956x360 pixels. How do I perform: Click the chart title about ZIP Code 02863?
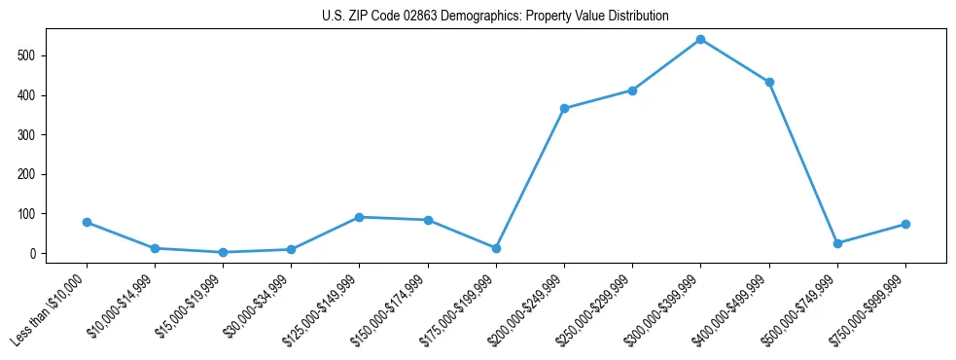pyautogui.click(x=495, y=17)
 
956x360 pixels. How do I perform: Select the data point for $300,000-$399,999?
pyautogui.click(x=700, y=40)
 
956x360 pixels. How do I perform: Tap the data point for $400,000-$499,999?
pyautogui.click(x=769, y=83)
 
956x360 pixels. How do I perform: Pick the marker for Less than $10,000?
pyautogui.click(x=87, y=223)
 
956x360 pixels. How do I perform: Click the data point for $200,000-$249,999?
pyautogui.click(x=564, y=109)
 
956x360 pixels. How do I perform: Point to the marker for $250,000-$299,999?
pyautogui.click(x=632, y=90)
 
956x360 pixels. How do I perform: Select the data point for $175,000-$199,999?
pyautogui.click(x=496, y=248)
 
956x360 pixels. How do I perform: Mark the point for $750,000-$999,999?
pyautogui.click(x=905, y=225)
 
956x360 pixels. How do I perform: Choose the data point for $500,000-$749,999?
pyautogui.click(x=837, y=243)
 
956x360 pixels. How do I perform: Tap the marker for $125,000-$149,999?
pyautogui.click(x=359, y=217)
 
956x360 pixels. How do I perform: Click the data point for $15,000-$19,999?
pyautogui.click(x=223, y=252)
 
